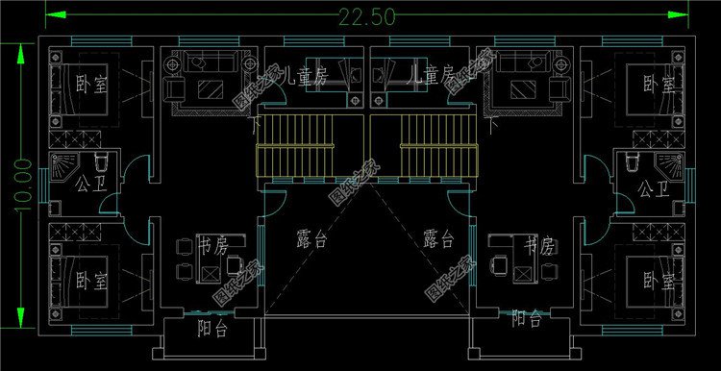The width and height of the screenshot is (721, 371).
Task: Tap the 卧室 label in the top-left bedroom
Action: tap(91, 84)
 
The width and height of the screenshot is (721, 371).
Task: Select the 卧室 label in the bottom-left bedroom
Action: tap(91, 282)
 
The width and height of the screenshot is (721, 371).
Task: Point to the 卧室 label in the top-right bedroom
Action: tap(660, 84)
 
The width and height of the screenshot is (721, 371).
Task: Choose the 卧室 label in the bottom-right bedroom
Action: tap(660, 282)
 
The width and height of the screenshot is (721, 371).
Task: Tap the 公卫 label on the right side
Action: tap(653, 189)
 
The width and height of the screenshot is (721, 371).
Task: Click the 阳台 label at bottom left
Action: tap(212, 330)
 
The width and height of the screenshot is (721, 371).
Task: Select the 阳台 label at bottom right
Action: tap(525, 317)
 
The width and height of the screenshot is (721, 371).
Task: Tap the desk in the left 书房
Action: tap(208, 269)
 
